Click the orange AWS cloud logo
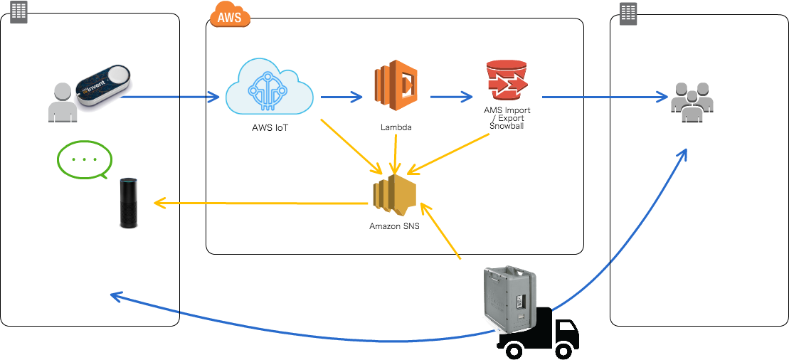pos(230,14)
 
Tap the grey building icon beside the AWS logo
pos(18,12)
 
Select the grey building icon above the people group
pos(628,14)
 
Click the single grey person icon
pos(63,102)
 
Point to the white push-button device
pos(105,87)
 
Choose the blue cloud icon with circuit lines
pos(269,87)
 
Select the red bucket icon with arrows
pos(507,80)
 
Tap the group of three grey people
pos(692,102)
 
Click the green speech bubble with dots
pos(85,159)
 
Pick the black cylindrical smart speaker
pos(128,203)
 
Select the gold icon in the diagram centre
pos(394,194)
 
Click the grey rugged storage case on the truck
pos(509,299)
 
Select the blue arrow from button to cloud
pos(171,96)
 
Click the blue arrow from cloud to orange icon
pos(341,97)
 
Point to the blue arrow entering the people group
pos(605,97)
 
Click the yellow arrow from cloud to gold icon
pos(351,146)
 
